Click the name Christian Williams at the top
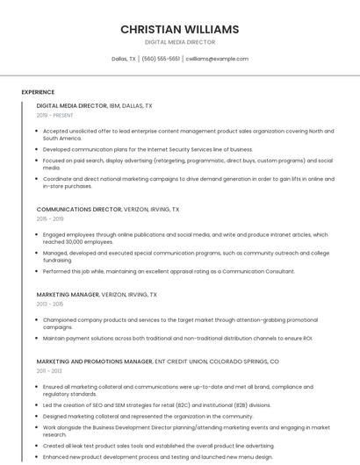[x=179, y=29]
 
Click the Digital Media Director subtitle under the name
[x=179, y=42]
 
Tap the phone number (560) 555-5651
[x=161, y=59]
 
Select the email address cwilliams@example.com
[x=217, y=59]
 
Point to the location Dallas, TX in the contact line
[x=124, y=59]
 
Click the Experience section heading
[x=38, y=92]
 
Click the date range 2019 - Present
[x=55, y=115]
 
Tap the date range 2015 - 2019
[x=50, y=219]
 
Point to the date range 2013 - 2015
[x=50, y=304]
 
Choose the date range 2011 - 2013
[x=50, y=371]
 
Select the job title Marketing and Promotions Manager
[x=95, y=361]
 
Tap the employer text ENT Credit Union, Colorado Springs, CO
[x=217, y=361]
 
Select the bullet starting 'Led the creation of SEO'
[x=156, y=405]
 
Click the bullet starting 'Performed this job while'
[x=169, y=271]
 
